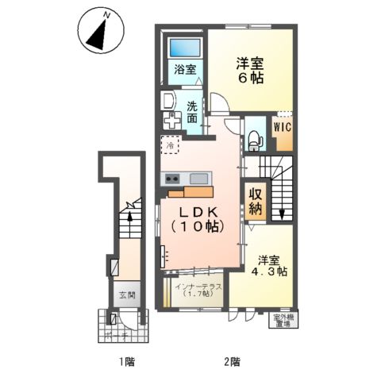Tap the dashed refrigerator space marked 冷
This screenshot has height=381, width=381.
[169, 145]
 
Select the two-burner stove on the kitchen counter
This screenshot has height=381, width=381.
[173, 179]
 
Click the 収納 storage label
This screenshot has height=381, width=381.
[255, 202]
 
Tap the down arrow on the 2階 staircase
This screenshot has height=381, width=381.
[282, 213]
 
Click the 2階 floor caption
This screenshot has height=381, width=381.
[232, 362]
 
